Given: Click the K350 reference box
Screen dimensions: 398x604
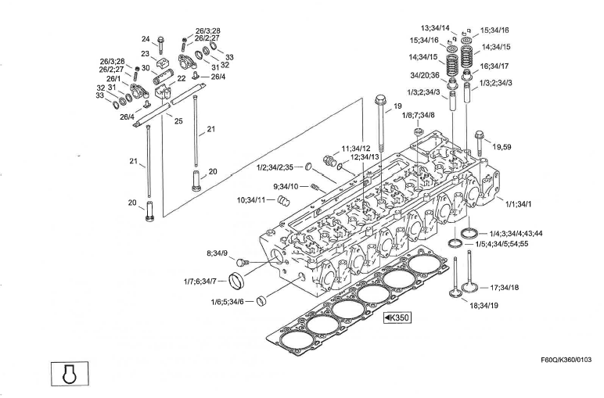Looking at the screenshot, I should click(397, 318).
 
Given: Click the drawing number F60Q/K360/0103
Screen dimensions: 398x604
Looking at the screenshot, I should click(566, 360).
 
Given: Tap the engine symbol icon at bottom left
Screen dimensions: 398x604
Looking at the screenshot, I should click(70, 373).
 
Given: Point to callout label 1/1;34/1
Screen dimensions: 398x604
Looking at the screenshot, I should click(518, 204).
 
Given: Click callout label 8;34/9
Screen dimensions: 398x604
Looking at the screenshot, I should click(217, 253).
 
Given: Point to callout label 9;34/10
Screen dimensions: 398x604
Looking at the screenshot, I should click(286, 186).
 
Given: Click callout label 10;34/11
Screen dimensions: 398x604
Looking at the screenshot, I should click(257, 201).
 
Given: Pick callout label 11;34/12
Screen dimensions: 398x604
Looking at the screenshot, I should click(356, 149).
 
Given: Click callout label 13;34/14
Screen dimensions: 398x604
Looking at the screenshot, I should click(434, 27).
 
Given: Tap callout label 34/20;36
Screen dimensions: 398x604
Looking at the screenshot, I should click(426, 75).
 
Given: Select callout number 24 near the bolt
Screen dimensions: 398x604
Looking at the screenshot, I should click(146, 39).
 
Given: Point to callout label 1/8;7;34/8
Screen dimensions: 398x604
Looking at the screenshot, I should click(419, 115).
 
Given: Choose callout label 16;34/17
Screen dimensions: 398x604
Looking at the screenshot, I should click(495, 66).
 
